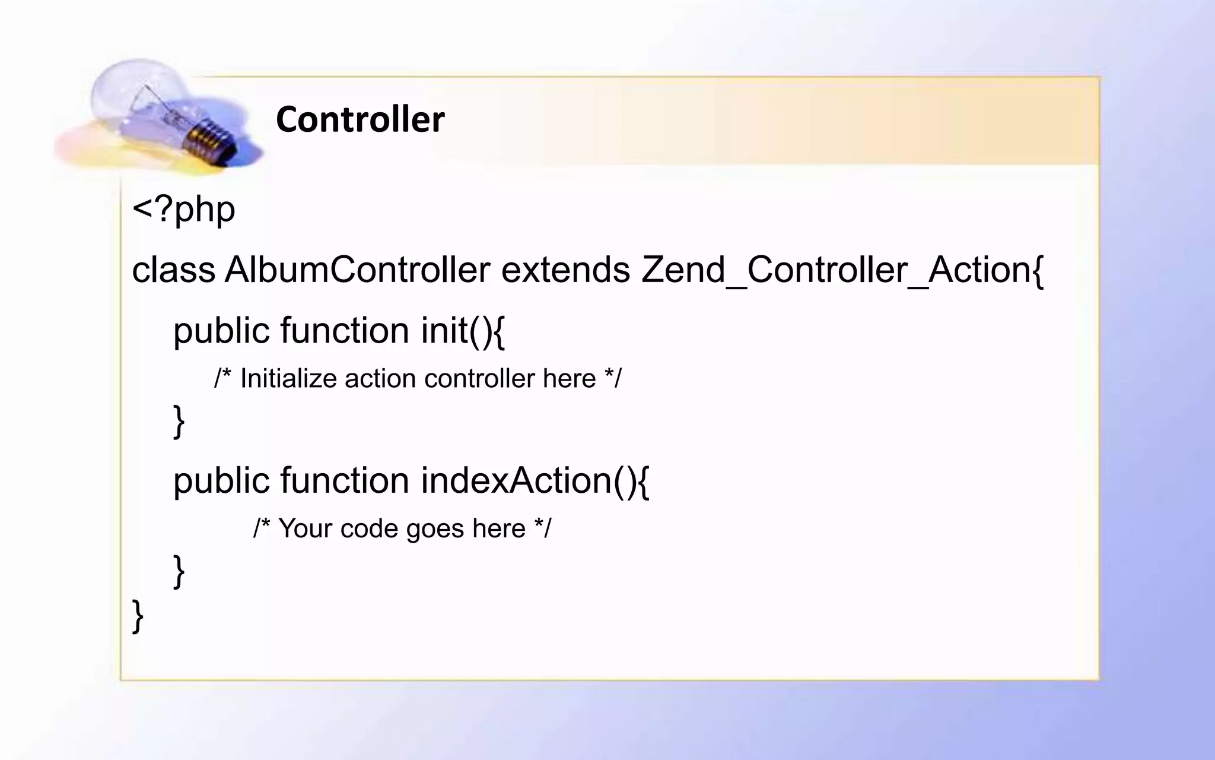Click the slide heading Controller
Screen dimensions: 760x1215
(360, 119)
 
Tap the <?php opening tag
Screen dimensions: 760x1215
(183, 210)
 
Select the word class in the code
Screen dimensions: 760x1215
(173, 270)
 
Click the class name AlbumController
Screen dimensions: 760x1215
(357, 270)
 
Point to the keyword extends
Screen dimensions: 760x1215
(565, 270)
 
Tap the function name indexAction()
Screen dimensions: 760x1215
(528, 480)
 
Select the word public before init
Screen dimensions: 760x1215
(221, 331)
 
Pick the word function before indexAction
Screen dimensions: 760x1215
(345, 480)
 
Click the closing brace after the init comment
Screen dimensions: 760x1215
(179, 421)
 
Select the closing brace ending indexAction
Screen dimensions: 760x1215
(179, 571)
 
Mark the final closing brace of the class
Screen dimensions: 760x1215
(138, 616)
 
